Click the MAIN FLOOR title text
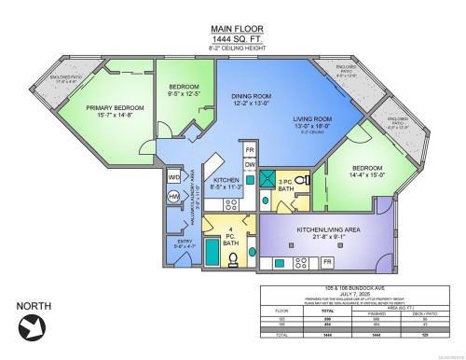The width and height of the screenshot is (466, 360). (x=233, y=29)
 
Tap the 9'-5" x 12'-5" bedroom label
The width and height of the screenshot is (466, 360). (x=183, y=90)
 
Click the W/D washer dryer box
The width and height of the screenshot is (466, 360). (x=174, y=177)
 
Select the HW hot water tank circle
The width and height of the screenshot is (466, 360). (x=174, y=197)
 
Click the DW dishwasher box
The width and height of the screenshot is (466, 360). (x=250, y=164)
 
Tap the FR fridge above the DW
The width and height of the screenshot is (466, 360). (x=250, y=149)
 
